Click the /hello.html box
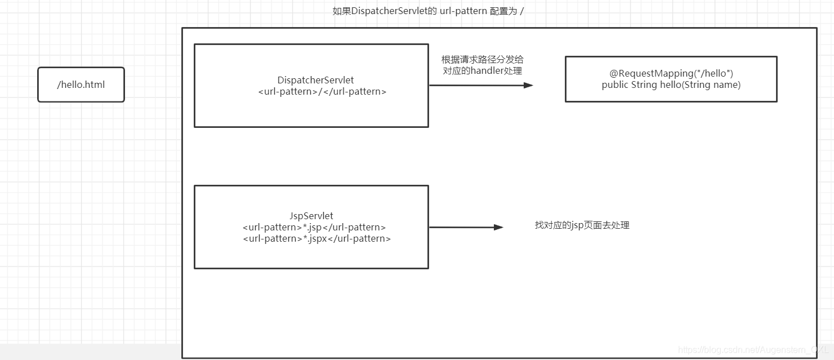coord(81,85)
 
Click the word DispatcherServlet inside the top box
coord(315,81)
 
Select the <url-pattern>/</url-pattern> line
coord(322,91)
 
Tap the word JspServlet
coord(311,216)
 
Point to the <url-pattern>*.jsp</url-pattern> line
coord(314,227)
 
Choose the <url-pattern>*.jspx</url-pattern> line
coord(316,238)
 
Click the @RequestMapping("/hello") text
coord(671,73)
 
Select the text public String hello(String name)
coord(671,85)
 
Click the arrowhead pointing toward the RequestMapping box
coord(528,86)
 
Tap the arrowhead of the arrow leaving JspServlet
coord(498,227)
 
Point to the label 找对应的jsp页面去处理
coord(582,225)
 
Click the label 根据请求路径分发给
coord(482,60)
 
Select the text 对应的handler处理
coord(482,71)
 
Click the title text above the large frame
coord(428,11)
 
